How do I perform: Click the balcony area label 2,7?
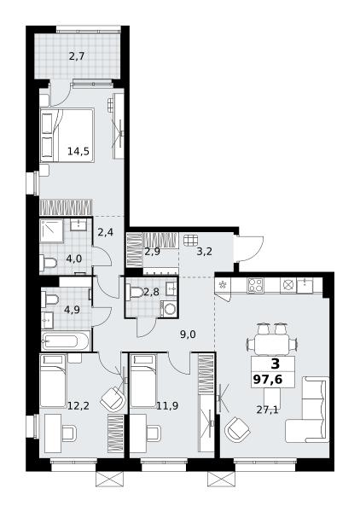pos(77,56)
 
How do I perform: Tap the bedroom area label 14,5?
pos(78,151)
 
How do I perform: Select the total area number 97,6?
pos(268,380)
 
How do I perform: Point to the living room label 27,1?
pos(267,410)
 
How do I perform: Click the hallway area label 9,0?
pos(188,334)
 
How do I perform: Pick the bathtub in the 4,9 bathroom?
pos(66,341)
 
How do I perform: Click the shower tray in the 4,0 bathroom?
pos(51,231)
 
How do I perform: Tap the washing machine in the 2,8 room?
pos(169,309)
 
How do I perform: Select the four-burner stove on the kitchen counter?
pos(255,285)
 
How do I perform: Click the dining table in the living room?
pos(271,345)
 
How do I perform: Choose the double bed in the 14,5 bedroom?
pos(67,135)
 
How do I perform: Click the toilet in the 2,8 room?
pos(135,292)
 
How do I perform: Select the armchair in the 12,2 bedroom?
pos(113,399)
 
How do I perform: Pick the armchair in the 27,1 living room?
pos(238,430)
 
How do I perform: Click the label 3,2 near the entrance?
pos(204,252)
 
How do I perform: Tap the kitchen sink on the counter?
pos(305,285)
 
